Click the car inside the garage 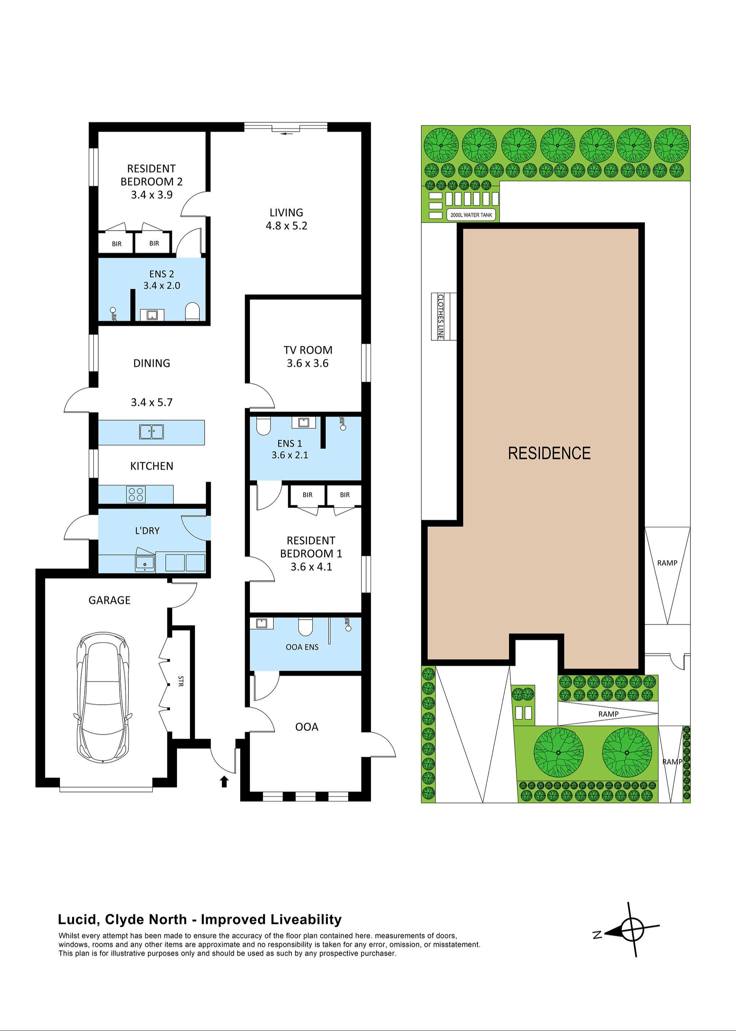click(x=104, y=698)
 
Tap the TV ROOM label click(x=308, y=350)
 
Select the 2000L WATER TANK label click(x=471, y=215)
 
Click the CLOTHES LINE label click(x=440, y=316)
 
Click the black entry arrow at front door click(x=224, y=782)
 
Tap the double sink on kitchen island click(x=151, y=431)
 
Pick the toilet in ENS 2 click(x=192, y=311)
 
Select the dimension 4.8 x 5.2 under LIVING click(x=286, y=226)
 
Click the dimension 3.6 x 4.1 click(x=311, y=566)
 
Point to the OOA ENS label click(x=302, y=647)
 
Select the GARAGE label click(x=109, y=600)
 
